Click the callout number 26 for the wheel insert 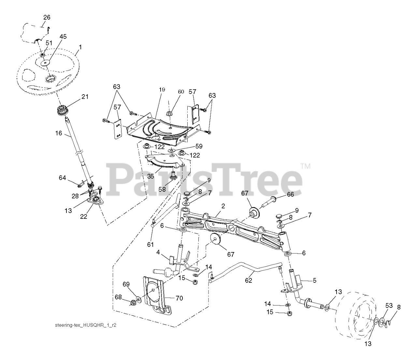pos(47,17)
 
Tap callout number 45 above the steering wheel pos(63,37)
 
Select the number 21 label pos(85,97)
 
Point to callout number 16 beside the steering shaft pos(59,133)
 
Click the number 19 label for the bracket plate pos(162,90)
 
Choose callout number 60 pos(181,92)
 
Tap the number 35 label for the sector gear pos(151,176)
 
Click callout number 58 pos(162,189)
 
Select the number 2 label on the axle pos(223,206)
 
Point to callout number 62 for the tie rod pos(249,280)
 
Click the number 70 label pos(180,298)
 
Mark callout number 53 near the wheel pos(389,306)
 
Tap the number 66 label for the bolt pos(290,194)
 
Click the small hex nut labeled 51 pos(42,55)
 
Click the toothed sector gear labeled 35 pos(165,162)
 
